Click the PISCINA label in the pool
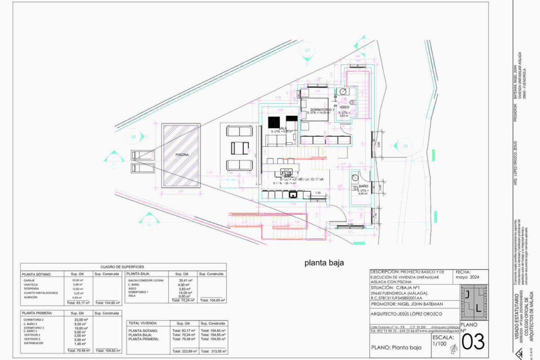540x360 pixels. point(182,155)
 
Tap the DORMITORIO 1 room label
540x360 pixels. point(322,110)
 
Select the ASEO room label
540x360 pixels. point(345,107)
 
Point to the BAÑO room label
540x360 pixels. point(363,186)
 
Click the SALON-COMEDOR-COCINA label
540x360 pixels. point(302,179)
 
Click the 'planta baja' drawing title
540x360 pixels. point(324,263)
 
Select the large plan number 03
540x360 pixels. point(473,342)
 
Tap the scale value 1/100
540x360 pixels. point(439,344)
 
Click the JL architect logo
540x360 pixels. point(474,302)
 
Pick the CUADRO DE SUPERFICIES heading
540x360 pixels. point(122,267)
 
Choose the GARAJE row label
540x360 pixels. point(29,280)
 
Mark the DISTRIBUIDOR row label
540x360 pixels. point(33,343)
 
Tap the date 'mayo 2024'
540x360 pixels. point(467,277)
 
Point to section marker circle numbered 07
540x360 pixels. point(307,50)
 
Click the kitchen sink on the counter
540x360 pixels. point(293,194)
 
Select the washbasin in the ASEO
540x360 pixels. point(343,91)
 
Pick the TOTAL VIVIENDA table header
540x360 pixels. point(143,323)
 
